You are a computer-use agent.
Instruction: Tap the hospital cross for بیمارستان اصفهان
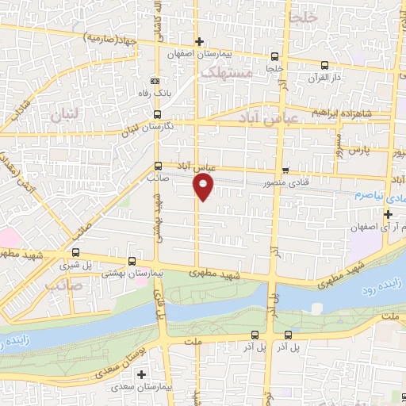(x=199, y=41)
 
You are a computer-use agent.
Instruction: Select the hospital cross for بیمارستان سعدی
(x=142, y=373)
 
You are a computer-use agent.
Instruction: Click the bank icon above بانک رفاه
(x=155, y=80)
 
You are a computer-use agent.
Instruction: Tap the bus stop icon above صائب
(x=159, y=167)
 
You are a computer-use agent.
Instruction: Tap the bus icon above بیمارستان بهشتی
(x=132, y=260)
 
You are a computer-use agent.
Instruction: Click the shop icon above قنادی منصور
(x=285, y=170)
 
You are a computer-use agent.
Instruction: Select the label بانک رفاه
(x=155, y=93)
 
